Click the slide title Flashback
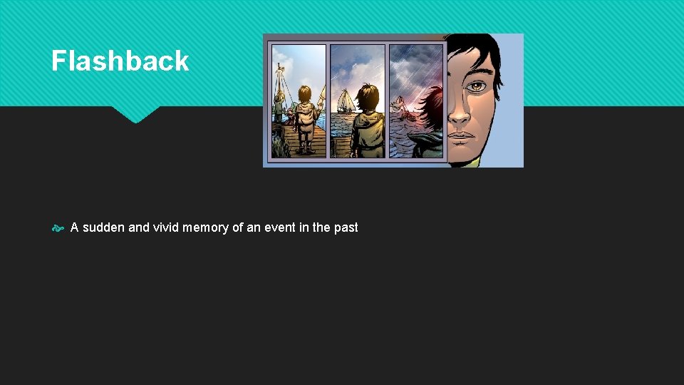coord(120,61)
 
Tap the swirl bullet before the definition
coord(58,228)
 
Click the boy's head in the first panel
coord(306,96)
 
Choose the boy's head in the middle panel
coord(368,96)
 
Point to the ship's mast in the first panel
coord(279,82)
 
